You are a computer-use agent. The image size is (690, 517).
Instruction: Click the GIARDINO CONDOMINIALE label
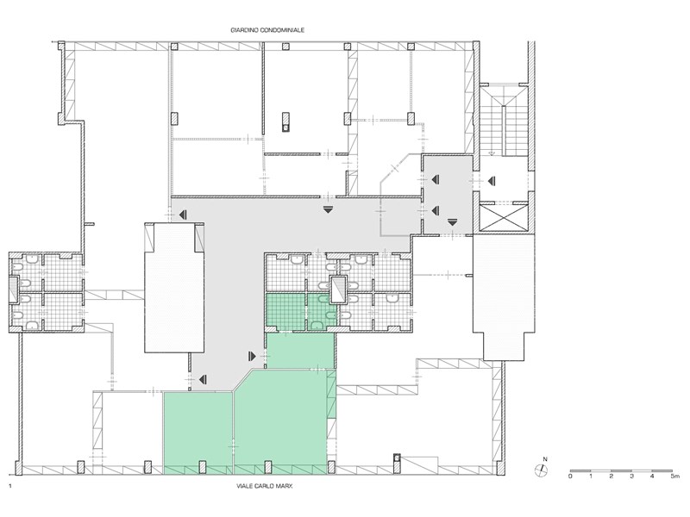[267, 30]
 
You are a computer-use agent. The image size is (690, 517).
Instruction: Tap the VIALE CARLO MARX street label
[265, 486]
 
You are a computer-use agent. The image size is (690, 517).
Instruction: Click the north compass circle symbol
[541, 470]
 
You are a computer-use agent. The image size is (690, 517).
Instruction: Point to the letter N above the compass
[545, 459]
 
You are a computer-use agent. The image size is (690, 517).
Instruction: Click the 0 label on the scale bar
[570, 477]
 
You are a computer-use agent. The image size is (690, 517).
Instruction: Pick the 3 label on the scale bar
[631, 477]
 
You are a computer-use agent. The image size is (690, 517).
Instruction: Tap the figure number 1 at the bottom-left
[9, 486]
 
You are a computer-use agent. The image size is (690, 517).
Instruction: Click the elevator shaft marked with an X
[504, 217]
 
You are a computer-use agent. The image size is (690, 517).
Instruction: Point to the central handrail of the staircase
[503, 128]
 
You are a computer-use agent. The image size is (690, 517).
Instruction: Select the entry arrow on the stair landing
[492, 180]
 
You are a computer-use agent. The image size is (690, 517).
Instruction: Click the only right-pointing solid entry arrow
[252, 356]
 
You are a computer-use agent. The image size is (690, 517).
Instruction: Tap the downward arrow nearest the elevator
[452, 222]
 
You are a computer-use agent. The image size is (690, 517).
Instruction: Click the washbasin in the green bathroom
[317, 326]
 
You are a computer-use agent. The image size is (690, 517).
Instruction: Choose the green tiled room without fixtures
[285, 311]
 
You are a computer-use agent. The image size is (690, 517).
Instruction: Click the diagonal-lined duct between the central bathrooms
[338, 290]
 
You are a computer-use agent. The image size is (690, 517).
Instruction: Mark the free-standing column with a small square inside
[285, 121]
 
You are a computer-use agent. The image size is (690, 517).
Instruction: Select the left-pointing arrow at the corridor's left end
[183, 215]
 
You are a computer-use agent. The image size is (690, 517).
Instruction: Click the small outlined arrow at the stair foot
[491, 153]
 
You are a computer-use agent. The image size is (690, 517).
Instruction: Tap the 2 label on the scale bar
[611, 477]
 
